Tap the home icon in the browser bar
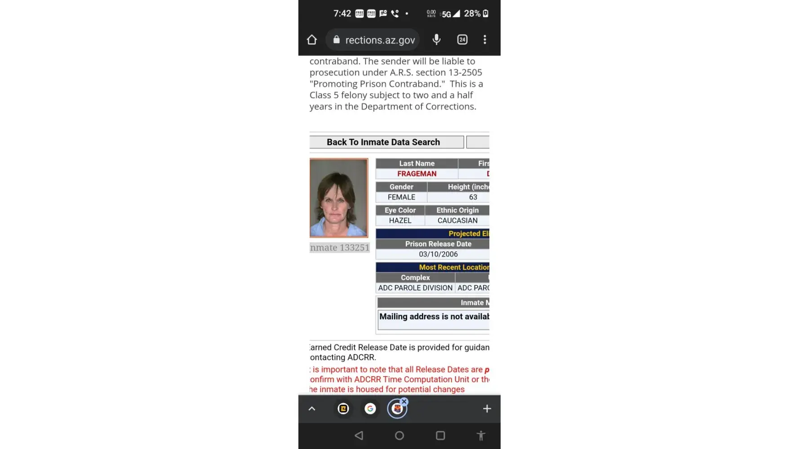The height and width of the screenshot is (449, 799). pos(312,40)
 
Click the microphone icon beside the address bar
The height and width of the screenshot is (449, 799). pos(436,40)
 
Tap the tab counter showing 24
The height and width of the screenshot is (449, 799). pos(462,40)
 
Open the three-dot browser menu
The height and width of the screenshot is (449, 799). pos(484,40)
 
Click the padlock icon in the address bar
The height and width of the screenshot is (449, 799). pos(336,40)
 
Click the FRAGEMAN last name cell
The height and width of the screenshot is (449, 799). pos(417,174)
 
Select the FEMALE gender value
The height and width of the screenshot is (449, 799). pos(401,197)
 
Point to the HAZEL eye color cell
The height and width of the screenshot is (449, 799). pos(400,220)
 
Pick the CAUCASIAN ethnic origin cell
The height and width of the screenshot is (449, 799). pos(457,220)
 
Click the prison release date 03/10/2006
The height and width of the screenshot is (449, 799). pos(438,254)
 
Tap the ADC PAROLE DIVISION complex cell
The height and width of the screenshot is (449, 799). pos(415,288)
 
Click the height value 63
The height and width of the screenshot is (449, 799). pos(473,197)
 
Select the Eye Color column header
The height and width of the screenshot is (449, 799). pos(400,210)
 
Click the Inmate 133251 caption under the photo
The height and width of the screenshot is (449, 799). pos(340,247)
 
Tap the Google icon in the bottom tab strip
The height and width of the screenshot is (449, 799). pos(370,409)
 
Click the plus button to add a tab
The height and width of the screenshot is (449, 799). pos(487,409)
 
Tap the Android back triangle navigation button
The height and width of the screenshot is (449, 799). pos(359,436)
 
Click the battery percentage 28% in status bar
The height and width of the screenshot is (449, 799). pos(472,13)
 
